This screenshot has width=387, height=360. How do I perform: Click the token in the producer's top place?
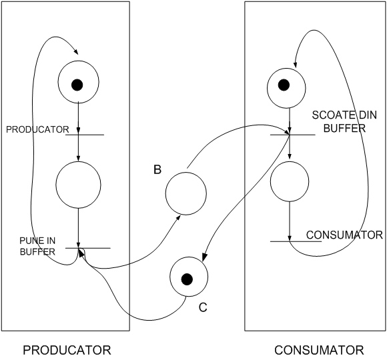pyautogui.click(x=77, y=85)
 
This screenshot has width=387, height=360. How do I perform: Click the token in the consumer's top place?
pyautogui.click(x=284, y=85)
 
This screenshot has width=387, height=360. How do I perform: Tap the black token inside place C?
pyautogui.click(x=187, y=279)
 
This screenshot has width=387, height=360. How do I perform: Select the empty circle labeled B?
pyautogui.click(x=186, y=193)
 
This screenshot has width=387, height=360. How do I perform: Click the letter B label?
pyautogui.click(x=157, y=170)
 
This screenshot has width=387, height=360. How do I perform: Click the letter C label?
pyautogui.click(x=203, y=307)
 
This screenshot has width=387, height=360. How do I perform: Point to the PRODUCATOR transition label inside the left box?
pyautogui.click(x=37, y=129)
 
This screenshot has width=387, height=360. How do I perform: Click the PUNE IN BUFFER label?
pyautogui.click(x=37, y=246)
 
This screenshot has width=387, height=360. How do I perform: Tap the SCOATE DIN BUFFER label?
pyautogui.click(x=344, y=121)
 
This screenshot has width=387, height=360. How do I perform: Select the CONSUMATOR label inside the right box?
pyautogui.click(x=344, y=235)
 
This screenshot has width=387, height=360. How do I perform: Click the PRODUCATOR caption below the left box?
pyautogui.click(x=67, y=350)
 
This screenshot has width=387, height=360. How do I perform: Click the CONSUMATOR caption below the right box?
pyautogui.click(x=319, y=350)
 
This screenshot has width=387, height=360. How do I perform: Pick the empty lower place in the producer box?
pyautogui.click(x=78, y=184)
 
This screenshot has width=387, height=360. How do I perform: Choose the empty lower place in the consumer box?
pyautogui.click(x=290, y=181)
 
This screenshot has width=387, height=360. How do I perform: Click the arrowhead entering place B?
pyautogui.click(x=178, y=217)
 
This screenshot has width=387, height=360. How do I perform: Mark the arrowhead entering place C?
pyautogui.click(x=204, y=257)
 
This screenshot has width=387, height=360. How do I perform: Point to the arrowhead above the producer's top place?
pyautogui.click(x=76, y=51)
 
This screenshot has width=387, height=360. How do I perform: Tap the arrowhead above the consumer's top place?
pyautogui.click(x=295, y=65)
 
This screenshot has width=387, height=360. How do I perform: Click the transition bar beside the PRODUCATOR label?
pyautogui.click(x=85, y=135)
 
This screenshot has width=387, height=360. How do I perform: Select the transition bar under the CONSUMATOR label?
pyautogui.click(x=296, y=241)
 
